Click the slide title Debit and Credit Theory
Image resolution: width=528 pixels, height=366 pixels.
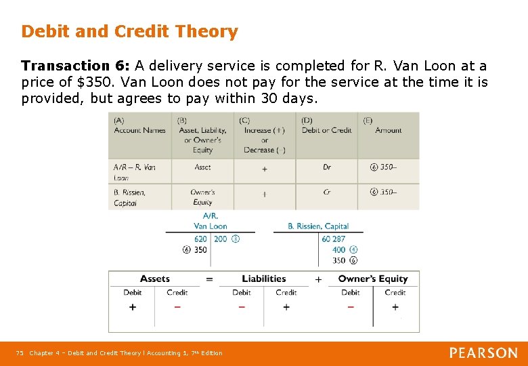click(129, 31)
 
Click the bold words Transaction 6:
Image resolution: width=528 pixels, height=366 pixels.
click(75, 66)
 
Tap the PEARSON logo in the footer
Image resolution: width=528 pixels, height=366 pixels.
click(483, 352)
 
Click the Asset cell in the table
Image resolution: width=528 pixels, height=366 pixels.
click(202, 167)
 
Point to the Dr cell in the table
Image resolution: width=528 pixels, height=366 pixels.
click(327, 167)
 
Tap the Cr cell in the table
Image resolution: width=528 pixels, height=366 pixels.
click(327, 192)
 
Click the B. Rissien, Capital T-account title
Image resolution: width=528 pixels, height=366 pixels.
click(318, 226)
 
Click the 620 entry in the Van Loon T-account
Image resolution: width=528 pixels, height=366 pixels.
click(200, 239)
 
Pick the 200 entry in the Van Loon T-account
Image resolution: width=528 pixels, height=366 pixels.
click(221, 239)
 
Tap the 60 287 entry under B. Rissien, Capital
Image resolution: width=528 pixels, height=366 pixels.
click(334, 239)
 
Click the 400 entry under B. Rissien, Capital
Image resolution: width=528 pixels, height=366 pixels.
click(338, 250)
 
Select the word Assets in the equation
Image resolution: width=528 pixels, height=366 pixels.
click(155, 279)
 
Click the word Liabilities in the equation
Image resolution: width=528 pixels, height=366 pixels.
click(263, 279)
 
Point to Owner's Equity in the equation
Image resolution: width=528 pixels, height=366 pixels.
click(373, 279)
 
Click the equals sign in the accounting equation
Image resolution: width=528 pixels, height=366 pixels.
click(209, 279)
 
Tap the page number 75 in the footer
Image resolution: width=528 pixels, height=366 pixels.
click(20, 353)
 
